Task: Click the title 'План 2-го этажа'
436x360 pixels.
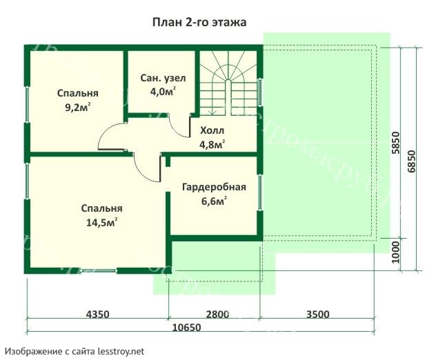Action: click(x=199, y=22)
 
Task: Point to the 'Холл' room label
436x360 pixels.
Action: click(x=212, y=130)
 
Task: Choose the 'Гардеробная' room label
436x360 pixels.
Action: click(x=213, y=188)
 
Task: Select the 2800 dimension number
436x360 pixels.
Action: click(x=217, y=314)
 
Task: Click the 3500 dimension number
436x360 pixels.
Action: click(x=317, y=314)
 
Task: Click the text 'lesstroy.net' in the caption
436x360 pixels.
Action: click(x=121, y=351)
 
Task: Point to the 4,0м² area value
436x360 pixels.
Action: click(x=163, y=91)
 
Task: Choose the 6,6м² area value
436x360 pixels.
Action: click(x=214, y=201)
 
